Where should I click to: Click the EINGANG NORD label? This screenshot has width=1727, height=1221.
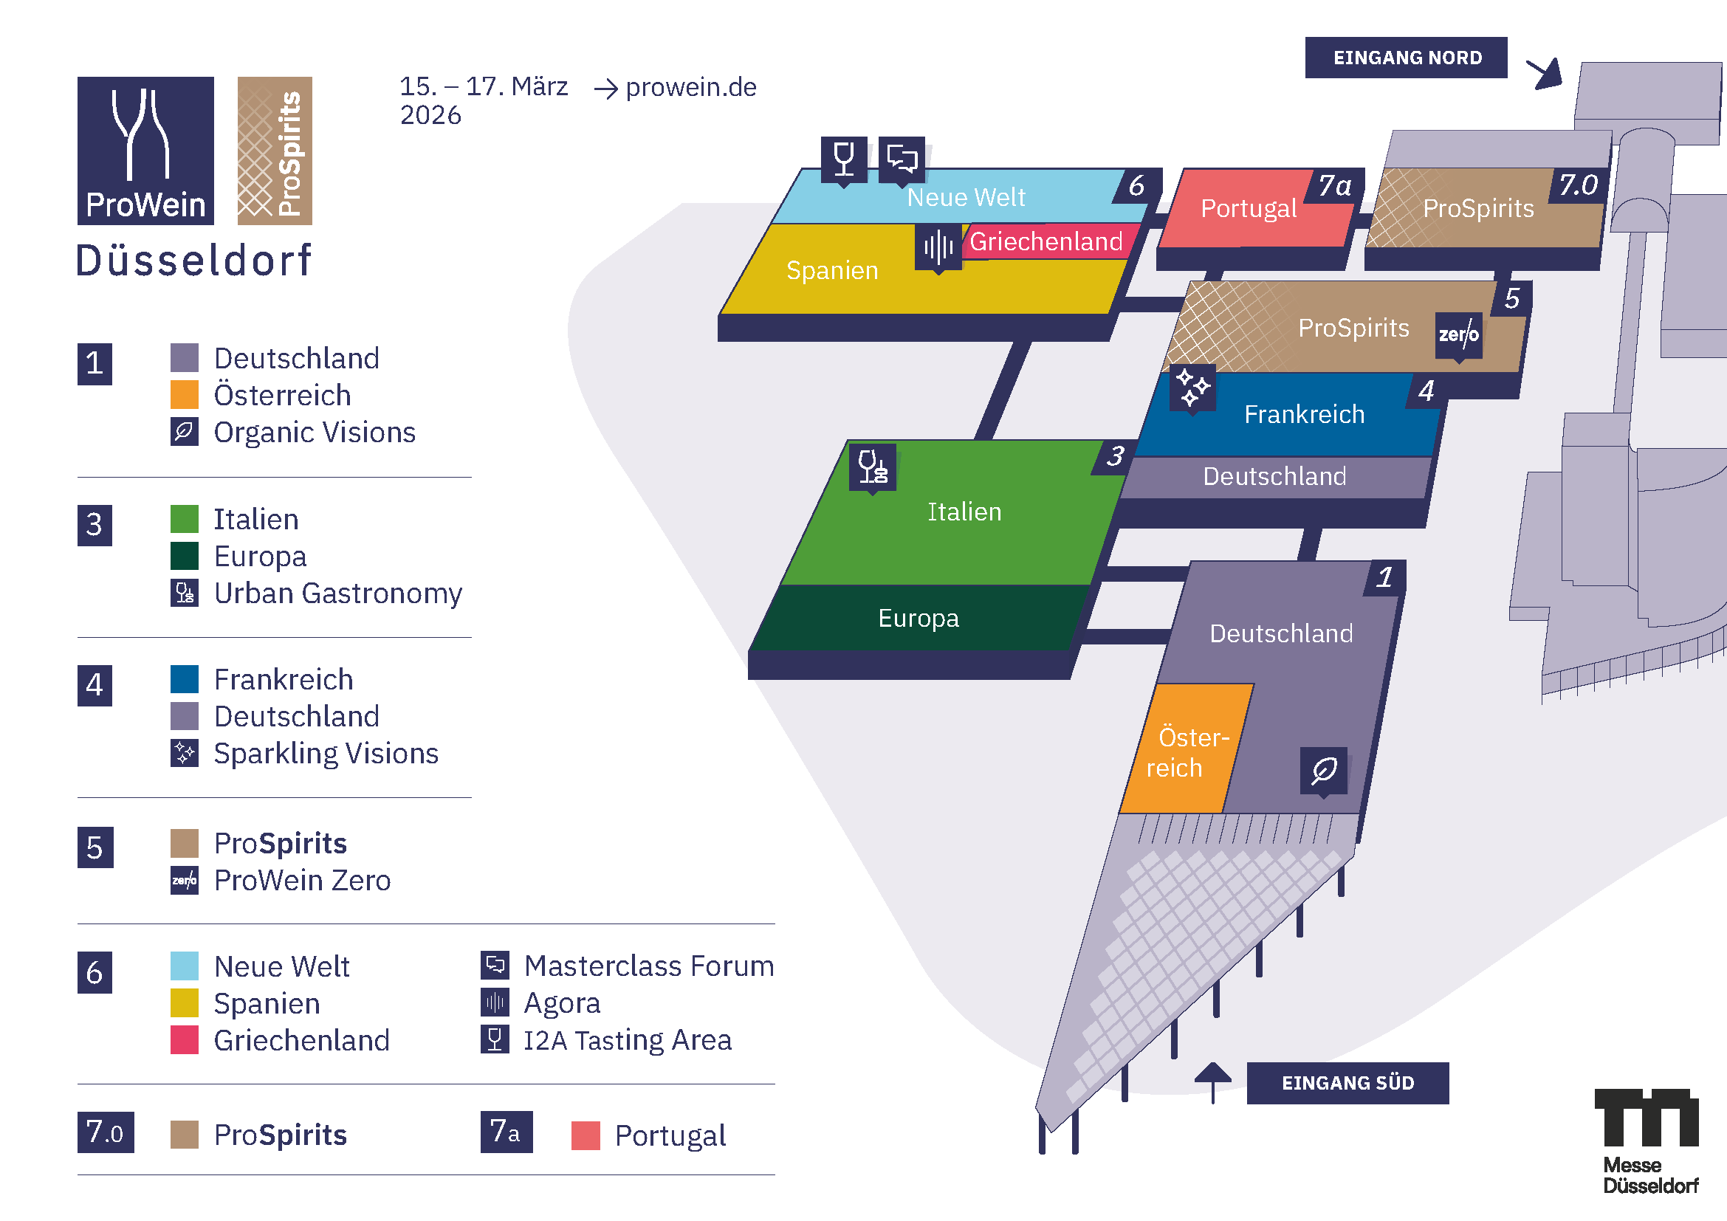(1406, 58)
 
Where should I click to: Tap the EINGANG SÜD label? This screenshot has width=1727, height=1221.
(1347, 1083)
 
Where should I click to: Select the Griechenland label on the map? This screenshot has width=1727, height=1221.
(1046, 241)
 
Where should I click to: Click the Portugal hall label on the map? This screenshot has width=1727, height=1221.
(1248, 208)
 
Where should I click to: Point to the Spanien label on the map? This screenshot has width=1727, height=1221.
(832, 270)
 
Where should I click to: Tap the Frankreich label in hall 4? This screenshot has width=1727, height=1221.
(1303, 414)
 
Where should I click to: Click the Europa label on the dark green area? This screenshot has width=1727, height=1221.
(918, 618)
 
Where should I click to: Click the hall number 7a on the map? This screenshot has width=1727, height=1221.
(1334, 185)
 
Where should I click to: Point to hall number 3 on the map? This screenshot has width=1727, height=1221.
(1115, 455)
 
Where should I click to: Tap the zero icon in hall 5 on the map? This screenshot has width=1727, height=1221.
(1458, 334)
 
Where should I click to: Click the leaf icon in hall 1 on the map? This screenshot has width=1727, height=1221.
(1323, 770)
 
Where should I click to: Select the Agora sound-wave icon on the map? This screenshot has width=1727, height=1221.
(938, 246)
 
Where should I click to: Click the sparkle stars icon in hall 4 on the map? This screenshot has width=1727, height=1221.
(1192, 388)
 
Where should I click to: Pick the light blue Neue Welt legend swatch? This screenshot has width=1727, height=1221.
(185, 966)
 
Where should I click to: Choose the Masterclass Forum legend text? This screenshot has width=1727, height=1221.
(648, 966)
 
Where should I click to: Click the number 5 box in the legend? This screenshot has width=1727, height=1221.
(95, 847)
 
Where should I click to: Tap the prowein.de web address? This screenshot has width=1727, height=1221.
(690, 87)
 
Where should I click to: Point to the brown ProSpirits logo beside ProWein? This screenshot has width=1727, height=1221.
(275, 151)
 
